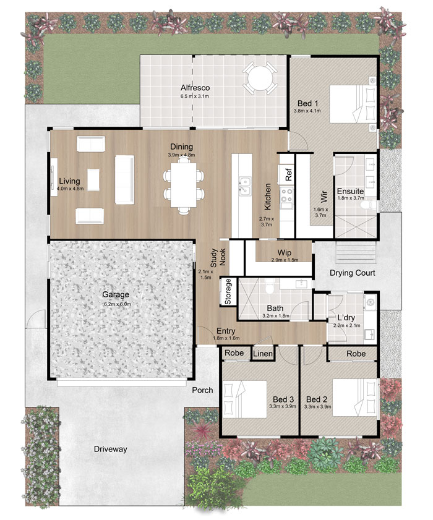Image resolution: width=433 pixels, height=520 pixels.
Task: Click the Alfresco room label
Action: coord(195,88)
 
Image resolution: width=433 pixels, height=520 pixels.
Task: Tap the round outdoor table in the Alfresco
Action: coord(260,79)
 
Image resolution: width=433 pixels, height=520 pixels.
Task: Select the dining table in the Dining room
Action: coord(184,185)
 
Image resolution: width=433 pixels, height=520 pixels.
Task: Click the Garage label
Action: coord(116,294)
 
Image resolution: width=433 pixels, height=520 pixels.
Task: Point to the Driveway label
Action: coord(111,449)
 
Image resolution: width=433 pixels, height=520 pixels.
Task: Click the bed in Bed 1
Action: coord(353,104)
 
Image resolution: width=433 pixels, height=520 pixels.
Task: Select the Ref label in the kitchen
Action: coord(288,174)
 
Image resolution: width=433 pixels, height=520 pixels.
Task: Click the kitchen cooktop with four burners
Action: coord(286,195)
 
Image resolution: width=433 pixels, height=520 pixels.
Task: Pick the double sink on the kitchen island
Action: coord(244,185)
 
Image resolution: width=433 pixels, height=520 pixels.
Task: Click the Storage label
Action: coord(228,291)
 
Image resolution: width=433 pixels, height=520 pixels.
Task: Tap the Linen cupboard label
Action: coord(263,354)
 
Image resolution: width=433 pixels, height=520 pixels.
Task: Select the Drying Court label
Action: coord(352,273)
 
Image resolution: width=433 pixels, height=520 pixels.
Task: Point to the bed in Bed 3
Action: coord(245,399)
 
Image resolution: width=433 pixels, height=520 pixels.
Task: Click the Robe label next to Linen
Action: coord(234,353)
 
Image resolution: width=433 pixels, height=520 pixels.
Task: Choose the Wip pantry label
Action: coord(285,253)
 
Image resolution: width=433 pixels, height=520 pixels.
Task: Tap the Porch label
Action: coord(202,390)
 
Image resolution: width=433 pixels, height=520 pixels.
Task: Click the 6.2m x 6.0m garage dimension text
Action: coord(117,304)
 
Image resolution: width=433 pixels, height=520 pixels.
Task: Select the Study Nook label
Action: coord(218,257)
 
